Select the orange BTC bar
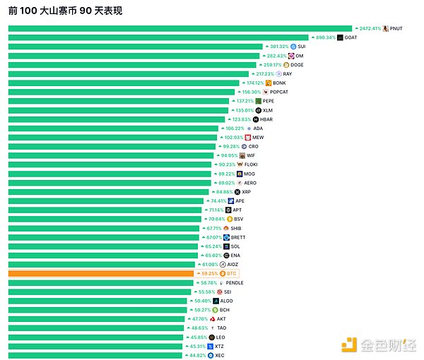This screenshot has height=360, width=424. (x=100, y=273)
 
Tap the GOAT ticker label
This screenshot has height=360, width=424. (x=351, y=37)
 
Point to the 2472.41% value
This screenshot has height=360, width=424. (x=370, y=29)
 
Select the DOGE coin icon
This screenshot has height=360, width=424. (x=286, y=65)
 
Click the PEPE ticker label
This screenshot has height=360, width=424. (x=269, y=101)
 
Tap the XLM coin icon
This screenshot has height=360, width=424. (x=259, y=110)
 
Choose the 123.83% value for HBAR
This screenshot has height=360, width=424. (x=237, y=119)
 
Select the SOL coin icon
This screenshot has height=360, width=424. (x=225, y=246)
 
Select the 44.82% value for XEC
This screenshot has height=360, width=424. (x=195, y=355)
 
